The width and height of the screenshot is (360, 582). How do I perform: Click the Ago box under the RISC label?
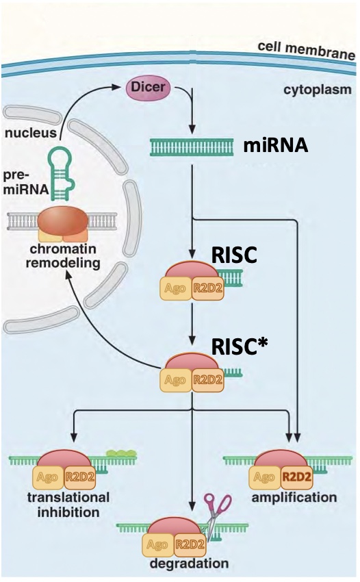[175, 290]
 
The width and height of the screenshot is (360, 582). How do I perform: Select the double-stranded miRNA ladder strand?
[194, 147]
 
